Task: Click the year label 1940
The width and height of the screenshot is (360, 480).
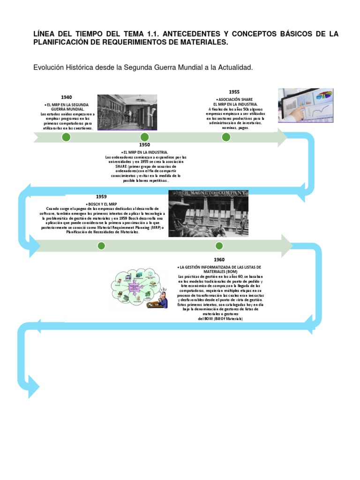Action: (x=66, y=97)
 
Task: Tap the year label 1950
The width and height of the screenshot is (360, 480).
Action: (x=144, y=145)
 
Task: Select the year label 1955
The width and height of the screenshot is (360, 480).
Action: (x=234, y=92)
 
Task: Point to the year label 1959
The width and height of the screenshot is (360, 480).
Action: (x=101, y=196)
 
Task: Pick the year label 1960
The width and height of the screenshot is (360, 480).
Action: (x=219, y=260)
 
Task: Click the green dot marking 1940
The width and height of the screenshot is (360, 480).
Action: (x=66, y=137)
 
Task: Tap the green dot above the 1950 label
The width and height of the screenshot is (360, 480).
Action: (x=144, y=137)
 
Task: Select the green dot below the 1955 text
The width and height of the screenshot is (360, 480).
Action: (x=226, y=137)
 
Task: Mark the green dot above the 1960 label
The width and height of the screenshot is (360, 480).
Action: (x=219, y=246)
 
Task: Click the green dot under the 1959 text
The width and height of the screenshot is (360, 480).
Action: (x=101, y=246)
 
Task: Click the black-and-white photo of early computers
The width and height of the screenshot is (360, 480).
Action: (x=127, y=112)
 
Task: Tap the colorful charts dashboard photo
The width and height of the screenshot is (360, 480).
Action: (x=306, y=105)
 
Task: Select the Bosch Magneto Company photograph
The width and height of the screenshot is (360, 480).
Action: (x=208, y=213)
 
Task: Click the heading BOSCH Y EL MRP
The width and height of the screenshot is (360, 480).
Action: (x=102, y=204)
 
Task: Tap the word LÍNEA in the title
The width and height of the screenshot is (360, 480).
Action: (x=45, y=35)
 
